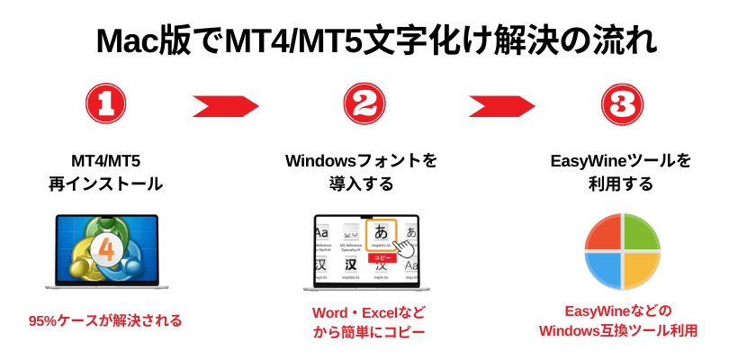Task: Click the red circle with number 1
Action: pos(105,104)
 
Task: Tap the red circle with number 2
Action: pos(364,104)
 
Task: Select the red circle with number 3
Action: pos(622,104)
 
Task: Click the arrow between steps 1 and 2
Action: pos(225,106)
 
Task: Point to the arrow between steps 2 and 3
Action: pos(501,106)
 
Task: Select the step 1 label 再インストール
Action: pos(105,184)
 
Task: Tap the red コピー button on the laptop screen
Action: pos(382,257)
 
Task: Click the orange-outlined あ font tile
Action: pos(381,234)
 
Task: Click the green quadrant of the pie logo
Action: pos(642,232)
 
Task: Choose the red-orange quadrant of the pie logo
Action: pos(603,232)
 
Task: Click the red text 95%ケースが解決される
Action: pos(105,320)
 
